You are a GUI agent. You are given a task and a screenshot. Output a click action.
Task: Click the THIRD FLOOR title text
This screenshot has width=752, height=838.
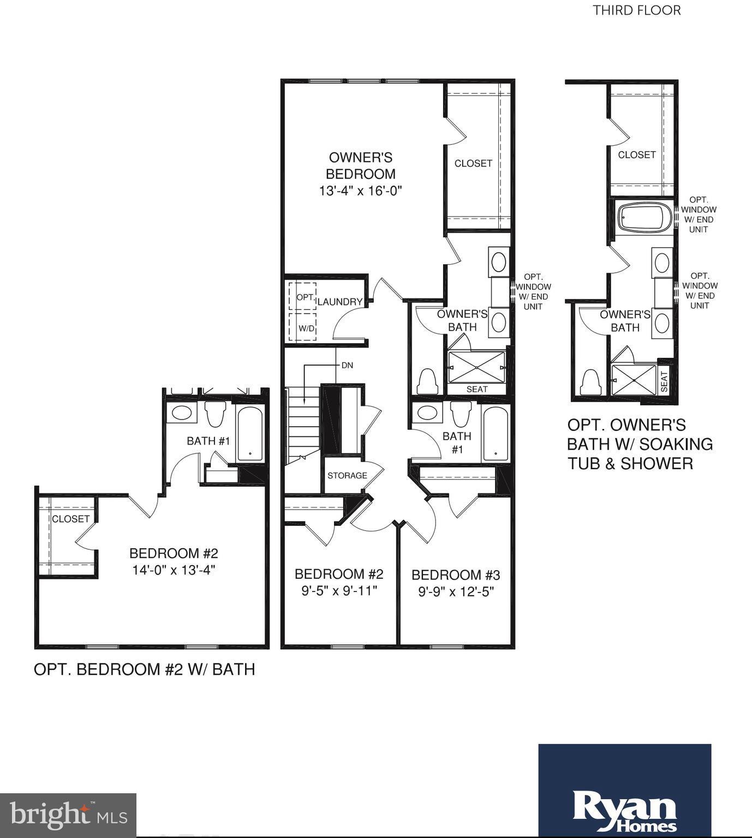click(637, 10)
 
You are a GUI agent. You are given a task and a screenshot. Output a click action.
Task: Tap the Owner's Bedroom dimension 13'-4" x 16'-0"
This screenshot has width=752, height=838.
click(360, 191)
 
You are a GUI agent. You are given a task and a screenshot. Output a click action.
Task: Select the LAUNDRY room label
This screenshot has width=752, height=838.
click(340, 302)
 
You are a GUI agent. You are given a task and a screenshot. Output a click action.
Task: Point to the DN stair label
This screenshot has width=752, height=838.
click(347, 365)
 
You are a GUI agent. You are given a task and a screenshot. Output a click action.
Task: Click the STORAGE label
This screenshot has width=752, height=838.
click(347, 475)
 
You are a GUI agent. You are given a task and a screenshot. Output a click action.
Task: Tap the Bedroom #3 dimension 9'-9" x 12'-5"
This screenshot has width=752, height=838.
click(456, 592)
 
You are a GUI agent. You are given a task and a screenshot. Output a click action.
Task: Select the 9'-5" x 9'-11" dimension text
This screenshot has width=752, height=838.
click(339, 591)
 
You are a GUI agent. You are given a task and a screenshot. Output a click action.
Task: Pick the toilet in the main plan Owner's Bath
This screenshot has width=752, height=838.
click(426, 381)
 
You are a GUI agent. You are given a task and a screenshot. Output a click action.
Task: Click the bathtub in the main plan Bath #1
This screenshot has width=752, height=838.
click(496, 433)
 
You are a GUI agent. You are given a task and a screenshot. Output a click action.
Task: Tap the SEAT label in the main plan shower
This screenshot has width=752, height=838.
click(477, 389)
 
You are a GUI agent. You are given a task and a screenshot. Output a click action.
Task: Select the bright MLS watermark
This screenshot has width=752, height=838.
click(68, 815)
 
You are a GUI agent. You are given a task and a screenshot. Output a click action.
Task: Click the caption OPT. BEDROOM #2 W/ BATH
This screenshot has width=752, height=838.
click(145, 669)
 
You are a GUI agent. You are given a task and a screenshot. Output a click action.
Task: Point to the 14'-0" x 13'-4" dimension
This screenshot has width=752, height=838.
click(174, 570)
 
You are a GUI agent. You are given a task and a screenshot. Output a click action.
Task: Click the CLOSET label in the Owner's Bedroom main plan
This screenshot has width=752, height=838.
click(473, 163)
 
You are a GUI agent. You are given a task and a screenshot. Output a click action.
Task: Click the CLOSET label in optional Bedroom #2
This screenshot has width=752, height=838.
click(70, 519)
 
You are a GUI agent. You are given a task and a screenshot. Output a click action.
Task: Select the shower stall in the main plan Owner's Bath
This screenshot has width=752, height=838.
click(476, 367)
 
